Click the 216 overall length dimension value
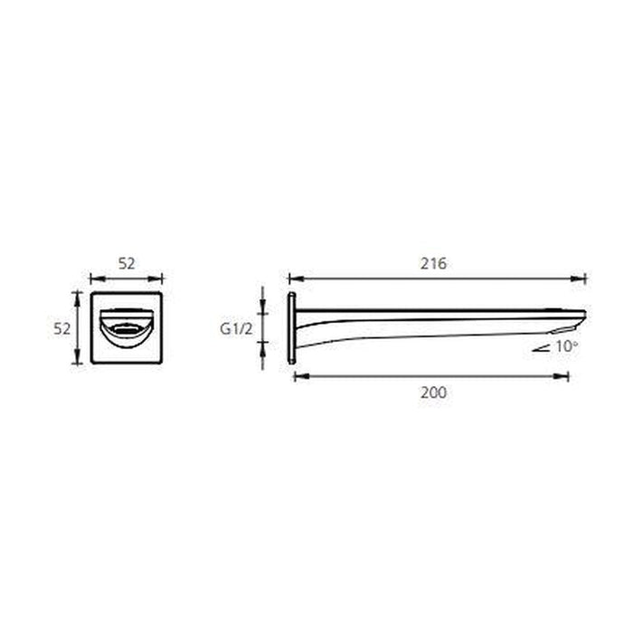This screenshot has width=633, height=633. (434, 264)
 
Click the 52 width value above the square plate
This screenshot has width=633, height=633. (127, 264)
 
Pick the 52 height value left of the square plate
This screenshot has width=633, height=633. (61, 329)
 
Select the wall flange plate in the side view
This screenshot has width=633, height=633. (291, 328)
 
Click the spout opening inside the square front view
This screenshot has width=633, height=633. (127, 327)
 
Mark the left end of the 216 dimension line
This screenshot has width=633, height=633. (288, 279)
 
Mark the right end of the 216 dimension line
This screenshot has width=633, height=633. (586, 279)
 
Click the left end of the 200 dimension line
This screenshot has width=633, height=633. (295, 375)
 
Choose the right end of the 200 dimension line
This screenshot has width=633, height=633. (569, 375)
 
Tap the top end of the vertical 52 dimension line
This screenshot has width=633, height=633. (78, 292)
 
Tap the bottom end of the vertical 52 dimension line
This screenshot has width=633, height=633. (78, 364)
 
